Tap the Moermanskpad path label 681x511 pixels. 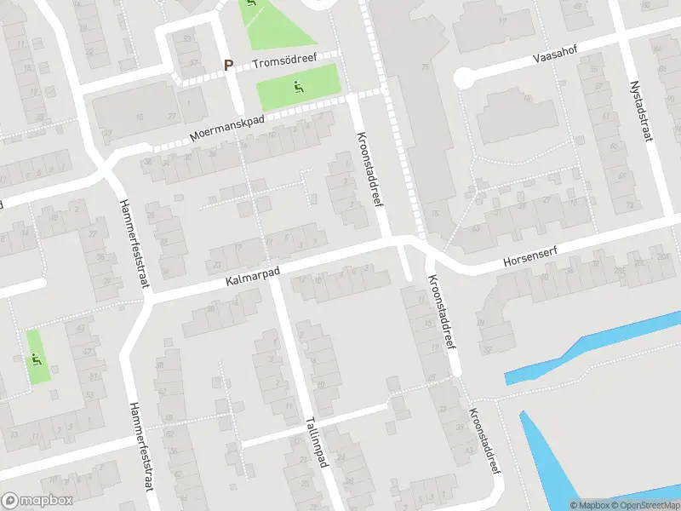coord(227,129)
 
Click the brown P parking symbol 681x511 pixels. coord(228,65)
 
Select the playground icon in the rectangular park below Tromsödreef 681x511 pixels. coord(298,85)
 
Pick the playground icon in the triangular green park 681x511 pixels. coord(250,5)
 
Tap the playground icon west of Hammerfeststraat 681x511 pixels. coord(37,357)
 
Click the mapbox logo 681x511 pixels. coord(37,501)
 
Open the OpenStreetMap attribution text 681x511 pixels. coord(644,505)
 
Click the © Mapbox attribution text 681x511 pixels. coord(588,505)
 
